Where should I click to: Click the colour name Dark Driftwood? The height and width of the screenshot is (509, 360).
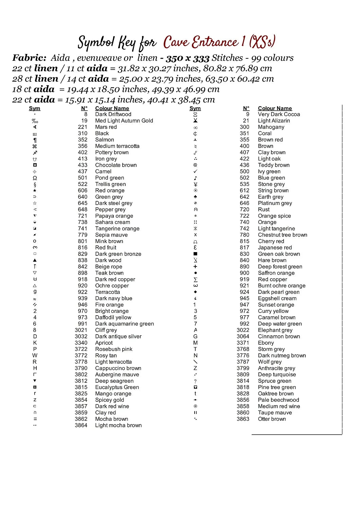pyautogui.click(x=113, y=114)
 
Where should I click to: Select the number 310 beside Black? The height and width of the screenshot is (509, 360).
pyautogui.click(x=83, y=133)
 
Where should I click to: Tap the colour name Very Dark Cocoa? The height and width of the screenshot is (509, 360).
pyautogui.click(x=279, y=114)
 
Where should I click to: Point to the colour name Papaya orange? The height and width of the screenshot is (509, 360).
pyautogui.click(x=114, y=216)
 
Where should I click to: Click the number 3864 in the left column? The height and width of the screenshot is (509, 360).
pyautogui.click(x=81, y=425)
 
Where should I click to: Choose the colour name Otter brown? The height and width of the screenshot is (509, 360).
pyautogui.click(x=272, y=419)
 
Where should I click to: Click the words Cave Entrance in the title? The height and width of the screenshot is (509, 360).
pyautogui.click(x=201, y=42)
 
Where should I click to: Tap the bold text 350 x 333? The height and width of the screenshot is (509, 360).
pyautogui.click(x=187, y=58)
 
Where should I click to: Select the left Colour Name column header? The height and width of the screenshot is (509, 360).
pyautogui.click(x=112, y=108)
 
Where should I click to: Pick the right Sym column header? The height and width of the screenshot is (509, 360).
pyautogui.click(x=195, y=108)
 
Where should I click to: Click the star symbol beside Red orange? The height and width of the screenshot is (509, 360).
pyautogui.click(x=35, y=190)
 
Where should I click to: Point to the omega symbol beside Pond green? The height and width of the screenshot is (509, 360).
pyautogui.click(x=35, y=178)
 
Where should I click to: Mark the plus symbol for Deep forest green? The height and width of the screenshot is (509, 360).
pyautogui.click(x=195, y=267)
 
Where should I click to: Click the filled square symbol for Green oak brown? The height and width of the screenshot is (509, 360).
pyautogui.click(x=195, y=254)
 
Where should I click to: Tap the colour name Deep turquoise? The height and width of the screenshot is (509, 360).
pyautogui.click(x=277, y=375)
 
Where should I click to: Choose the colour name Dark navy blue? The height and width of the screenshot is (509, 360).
pyautogui.click(x=114, y=298)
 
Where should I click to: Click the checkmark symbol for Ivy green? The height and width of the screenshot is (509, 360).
pyautogui.click(x=195, y=171)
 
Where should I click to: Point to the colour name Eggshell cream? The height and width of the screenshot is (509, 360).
pyautogui.click(x=277, y=298)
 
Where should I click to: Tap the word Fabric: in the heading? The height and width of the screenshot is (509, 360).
pyautogui.click(x=29, y=58)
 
